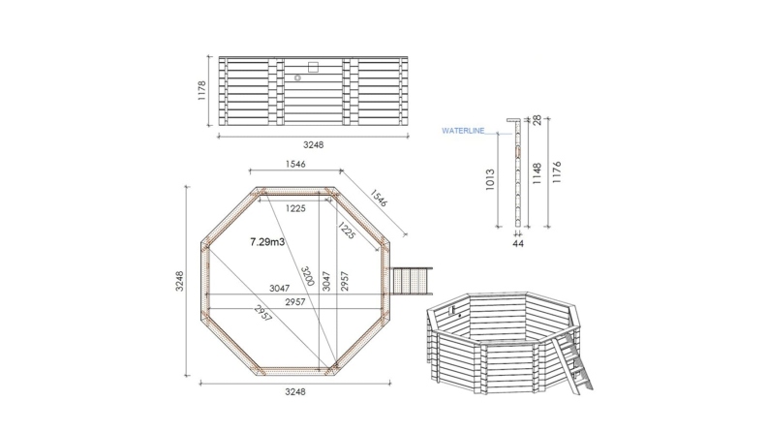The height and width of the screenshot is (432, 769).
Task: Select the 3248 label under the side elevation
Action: pos(312,144)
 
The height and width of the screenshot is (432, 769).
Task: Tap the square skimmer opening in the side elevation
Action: pos(312,66)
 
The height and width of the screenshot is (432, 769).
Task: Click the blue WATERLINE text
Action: pos(462,130)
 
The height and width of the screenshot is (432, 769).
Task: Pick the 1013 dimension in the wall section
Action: pos(490,179)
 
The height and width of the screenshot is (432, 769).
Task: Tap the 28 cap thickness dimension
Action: pos(535,121)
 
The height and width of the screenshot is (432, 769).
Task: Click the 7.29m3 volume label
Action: pos(266,241)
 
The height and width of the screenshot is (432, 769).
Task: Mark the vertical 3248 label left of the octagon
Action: pos(178,281)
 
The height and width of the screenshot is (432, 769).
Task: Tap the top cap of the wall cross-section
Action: pos(512,118)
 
